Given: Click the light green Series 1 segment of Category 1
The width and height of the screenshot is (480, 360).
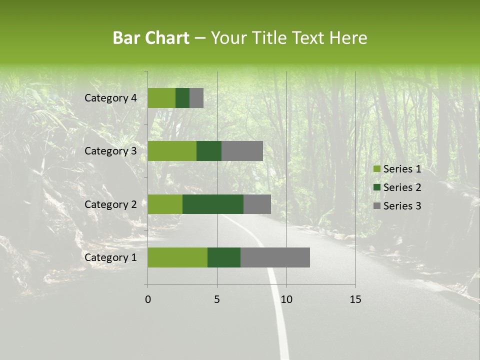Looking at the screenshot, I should [177, 257].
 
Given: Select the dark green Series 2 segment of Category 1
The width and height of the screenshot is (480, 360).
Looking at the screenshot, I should [224, 257].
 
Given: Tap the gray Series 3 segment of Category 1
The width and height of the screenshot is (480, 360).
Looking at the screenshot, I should [275, 257].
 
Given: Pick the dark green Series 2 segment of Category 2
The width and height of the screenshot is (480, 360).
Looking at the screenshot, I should [213, 204].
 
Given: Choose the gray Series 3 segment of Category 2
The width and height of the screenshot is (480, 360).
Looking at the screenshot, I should [257, 204].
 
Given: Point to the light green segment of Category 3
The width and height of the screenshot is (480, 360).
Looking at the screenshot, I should [172, 151].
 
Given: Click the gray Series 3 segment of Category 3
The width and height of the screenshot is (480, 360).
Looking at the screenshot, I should [242, 151].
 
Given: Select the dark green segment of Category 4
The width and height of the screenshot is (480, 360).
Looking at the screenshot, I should [182, 98].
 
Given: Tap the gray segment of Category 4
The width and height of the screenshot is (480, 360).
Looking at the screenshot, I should [196, 98].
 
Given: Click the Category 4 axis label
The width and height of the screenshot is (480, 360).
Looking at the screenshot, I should [110, 98].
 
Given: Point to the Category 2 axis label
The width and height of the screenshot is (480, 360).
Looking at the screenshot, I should [110, 204].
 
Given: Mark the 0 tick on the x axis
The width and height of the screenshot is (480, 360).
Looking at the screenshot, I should [148, 299].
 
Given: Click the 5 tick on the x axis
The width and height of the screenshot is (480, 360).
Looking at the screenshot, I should [217, 299].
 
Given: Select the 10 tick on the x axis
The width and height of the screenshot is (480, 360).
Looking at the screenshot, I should [286, 299].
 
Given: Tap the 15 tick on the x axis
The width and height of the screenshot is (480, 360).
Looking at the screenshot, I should [355, 299].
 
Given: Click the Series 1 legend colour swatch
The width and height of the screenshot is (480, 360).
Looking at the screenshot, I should [377, 169].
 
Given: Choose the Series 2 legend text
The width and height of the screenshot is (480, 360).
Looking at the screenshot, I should [402, 187].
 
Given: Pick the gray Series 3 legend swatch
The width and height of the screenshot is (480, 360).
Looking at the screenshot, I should [377, 206].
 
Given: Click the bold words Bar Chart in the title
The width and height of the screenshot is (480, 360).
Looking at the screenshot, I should [151, 38].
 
